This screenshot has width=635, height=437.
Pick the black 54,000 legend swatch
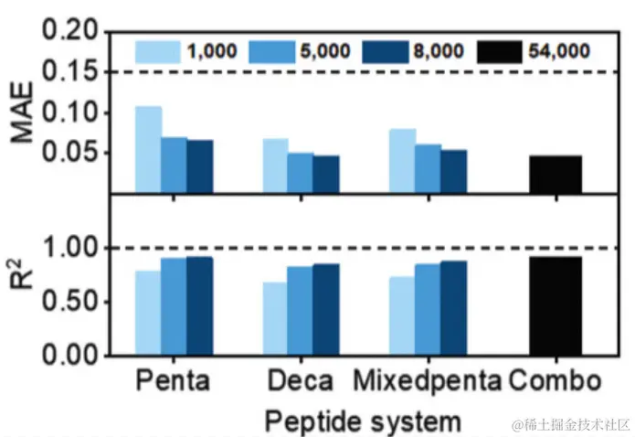pyautogui.click(x=499, y=50)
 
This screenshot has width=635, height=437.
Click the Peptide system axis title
pyautogui.click(x=357, y=421)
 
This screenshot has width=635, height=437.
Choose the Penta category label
pyautogui.click(x=175, y=381)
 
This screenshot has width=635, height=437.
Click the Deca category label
pyautogui.click(x=301, y=381)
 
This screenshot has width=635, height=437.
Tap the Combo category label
pyautogui.click(x=556, y=381)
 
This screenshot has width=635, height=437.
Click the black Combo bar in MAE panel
pyautogui.click(x=555, y=174)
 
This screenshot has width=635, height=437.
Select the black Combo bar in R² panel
pyautogui.click(x=555, y=305)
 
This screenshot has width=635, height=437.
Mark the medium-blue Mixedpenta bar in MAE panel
pyautogui.click(x=428, y=168)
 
